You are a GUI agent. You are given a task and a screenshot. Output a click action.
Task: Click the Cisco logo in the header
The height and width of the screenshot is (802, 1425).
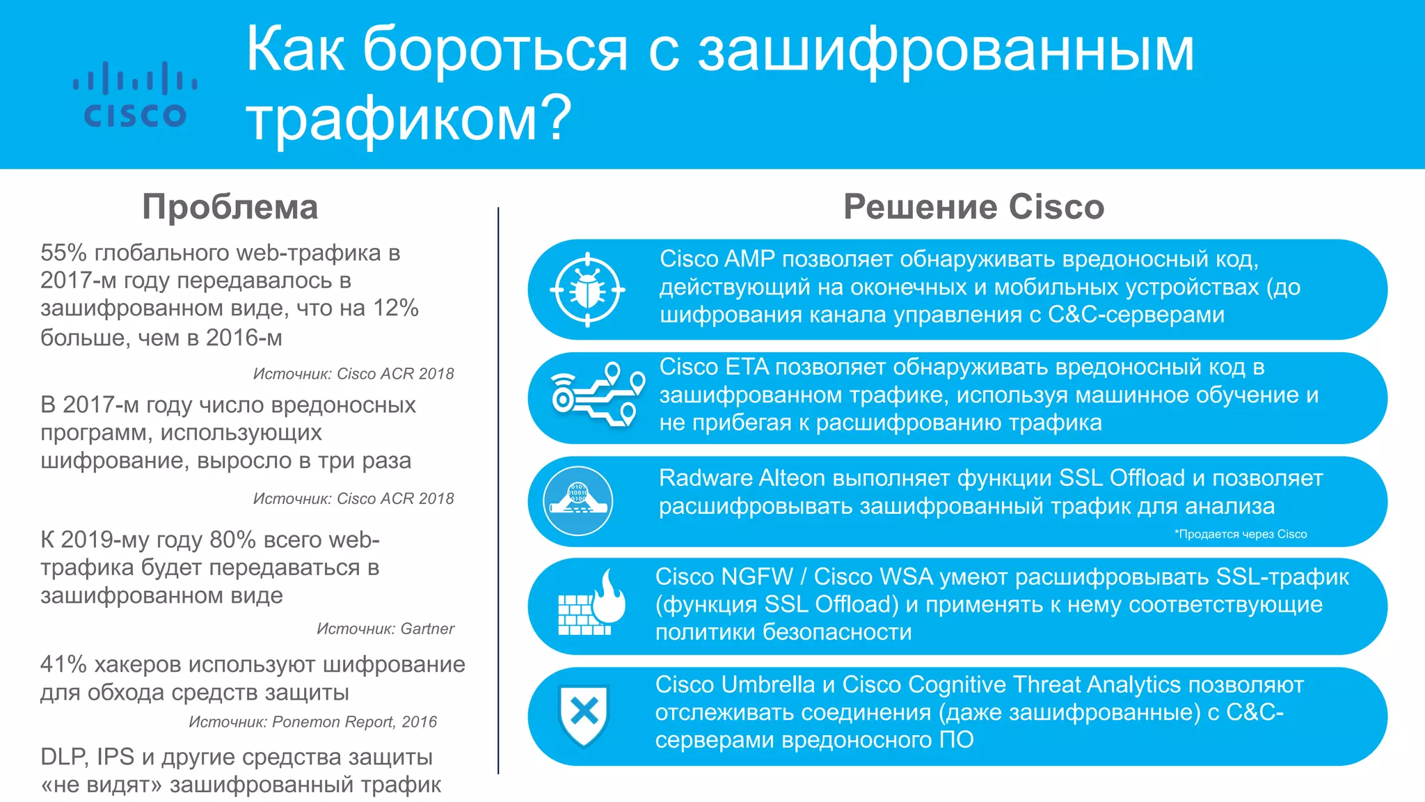(x=135, y=95)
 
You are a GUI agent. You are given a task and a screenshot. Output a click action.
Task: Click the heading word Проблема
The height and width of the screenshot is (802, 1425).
(x=230, y=207)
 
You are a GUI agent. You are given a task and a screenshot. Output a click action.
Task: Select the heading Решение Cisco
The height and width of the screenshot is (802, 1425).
(x=973, y=207)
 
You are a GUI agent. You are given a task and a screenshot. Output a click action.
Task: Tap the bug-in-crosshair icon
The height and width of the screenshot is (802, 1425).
(x=587, y=290)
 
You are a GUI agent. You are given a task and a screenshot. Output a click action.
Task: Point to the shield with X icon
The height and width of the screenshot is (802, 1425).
(x=584, y=714)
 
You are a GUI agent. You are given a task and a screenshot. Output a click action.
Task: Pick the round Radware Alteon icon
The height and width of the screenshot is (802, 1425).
(x=578, y=501)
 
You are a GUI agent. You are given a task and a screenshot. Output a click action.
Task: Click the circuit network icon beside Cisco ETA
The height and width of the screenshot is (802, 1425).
(x=598, y=395)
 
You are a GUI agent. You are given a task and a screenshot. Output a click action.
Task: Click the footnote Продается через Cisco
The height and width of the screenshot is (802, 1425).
(x=1241, y=534)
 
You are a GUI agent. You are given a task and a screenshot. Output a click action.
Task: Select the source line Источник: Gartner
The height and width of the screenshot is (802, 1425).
(x=385, y=629)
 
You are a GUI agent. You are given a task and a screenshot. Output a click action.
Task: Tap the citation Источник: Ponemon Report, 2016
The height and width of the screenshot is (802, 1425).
(x=312, y=722)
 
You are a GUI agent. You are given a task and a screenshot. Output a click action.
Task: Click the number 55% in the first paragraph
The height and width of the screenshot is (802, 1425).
(x=63, y=253)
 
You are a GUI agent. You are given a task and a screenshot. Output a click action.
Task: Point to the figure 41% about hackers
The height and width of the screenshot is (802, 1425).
(x=63, y=664)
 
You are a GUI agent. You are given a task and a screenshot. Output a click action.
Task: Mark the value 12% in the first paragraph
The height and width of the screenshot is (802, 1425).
(x=395, y=308)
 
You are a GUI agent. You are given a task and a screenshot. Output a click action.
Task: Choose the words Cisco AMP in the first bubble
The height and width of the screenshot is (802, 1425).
(x=717, y=259)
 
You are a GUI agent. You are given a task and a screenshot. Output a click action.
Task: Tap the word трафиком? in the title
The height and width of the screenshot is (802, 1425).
(x=408, y=118)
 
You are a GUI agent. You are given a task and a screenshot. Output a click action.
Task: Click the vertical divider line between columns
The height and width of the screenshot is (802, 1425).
(x=498, y=487)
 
